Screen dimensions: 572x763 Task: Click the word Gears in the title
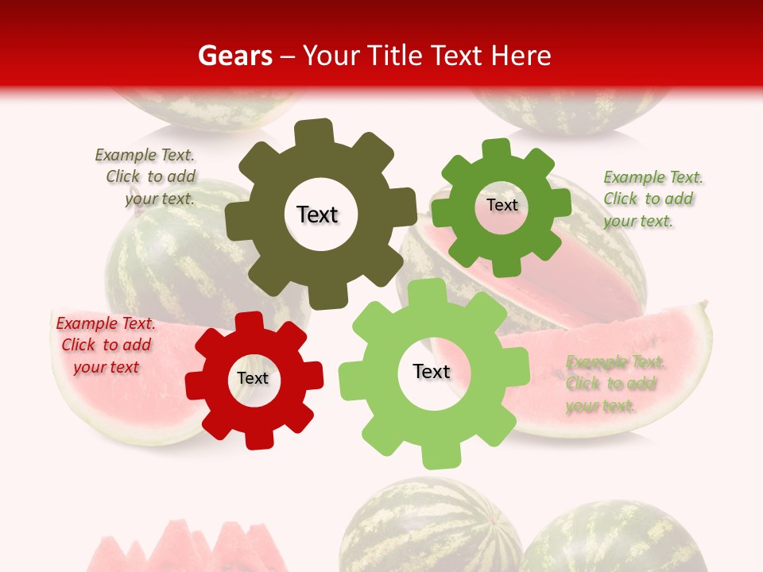pos(231,56)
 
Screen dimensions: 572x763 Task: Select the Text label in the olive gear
pos(317,214)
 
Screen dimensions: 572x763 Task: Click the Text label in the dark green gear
pos(502,205)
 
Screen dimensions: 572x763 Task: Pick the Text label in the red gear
pos(253,378)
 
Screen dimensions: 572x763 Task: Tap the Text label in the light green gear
pos(432,371)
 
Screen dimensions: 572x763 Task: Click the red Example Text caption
pos(105,345)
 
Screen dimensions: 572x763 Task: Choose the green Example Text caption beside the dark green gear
pos(653,199)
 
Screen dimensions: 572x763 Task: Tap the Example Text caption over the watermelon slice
pos(615,384)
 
